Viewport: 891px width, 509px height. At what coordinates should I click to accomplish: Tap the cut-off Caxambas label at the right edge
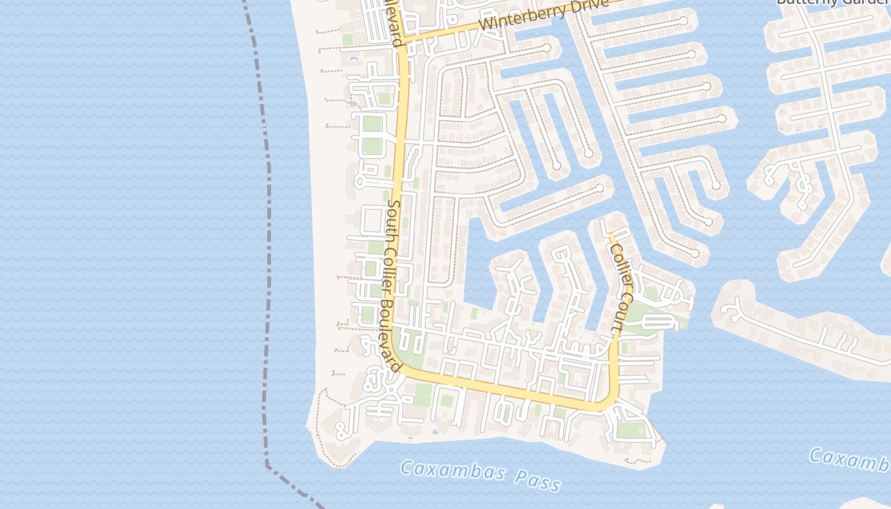coord(850,459)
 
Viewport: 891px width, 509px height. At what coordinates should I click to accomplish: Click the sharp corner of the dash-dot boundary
coord(267,464)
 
